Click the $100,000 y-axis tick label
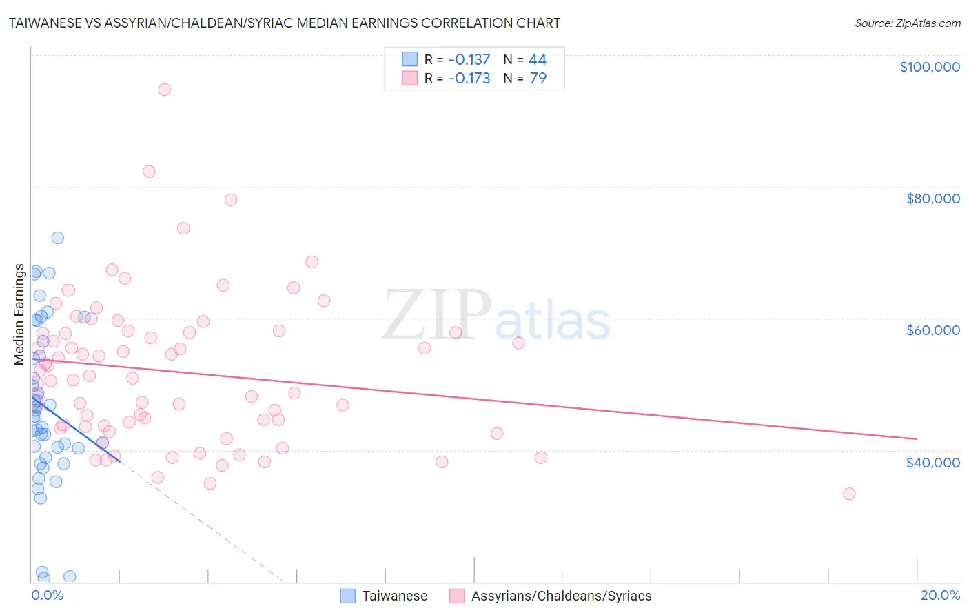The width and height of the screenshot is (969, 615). click(x=929, y=67)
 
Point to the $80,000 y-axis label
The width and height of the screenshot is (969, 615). click(x=932, y=199)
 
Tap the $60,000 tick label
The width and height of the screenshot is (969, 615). click(x=932, y=330)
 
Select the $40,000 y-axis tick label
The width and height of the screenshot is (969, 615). click(x=932, y=462)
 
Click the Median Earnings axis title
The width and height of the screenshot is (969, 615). click(x=19, y=314)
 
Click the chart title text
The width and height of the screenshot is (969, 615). click(x=284, y=23)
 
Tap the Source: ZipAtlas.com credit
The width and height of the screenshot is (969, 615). click(x=907, y=23)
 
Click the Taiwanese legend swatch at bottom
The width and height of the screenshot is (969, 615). click(x=348, y=596)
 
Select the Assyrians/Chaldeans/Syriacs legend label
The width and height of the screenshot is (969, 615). click(x=561, y=596)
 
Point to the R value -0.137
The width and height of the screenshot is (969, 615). click(x=469, y=60)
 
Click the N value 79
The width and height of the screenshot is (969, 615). click(x=538, y=79)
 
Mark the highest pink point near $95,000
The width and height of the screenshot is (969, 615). click(x=164, y=90)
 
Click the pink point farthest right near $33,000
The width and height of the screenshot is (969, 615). click(x=849, y=494)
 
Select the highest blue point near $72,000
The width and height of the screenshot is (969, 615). click(x=58, y=238)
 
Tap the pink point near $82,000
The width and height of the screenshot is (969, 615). click(x=149, y=172)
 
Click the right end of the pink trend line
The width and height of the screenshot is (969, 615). click(x=917, y=438)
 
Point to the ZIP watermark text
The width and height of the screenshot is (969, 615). click(x=437, y=314)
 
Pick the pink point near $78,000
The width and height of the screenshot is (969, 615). click(x=231, y=200)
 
